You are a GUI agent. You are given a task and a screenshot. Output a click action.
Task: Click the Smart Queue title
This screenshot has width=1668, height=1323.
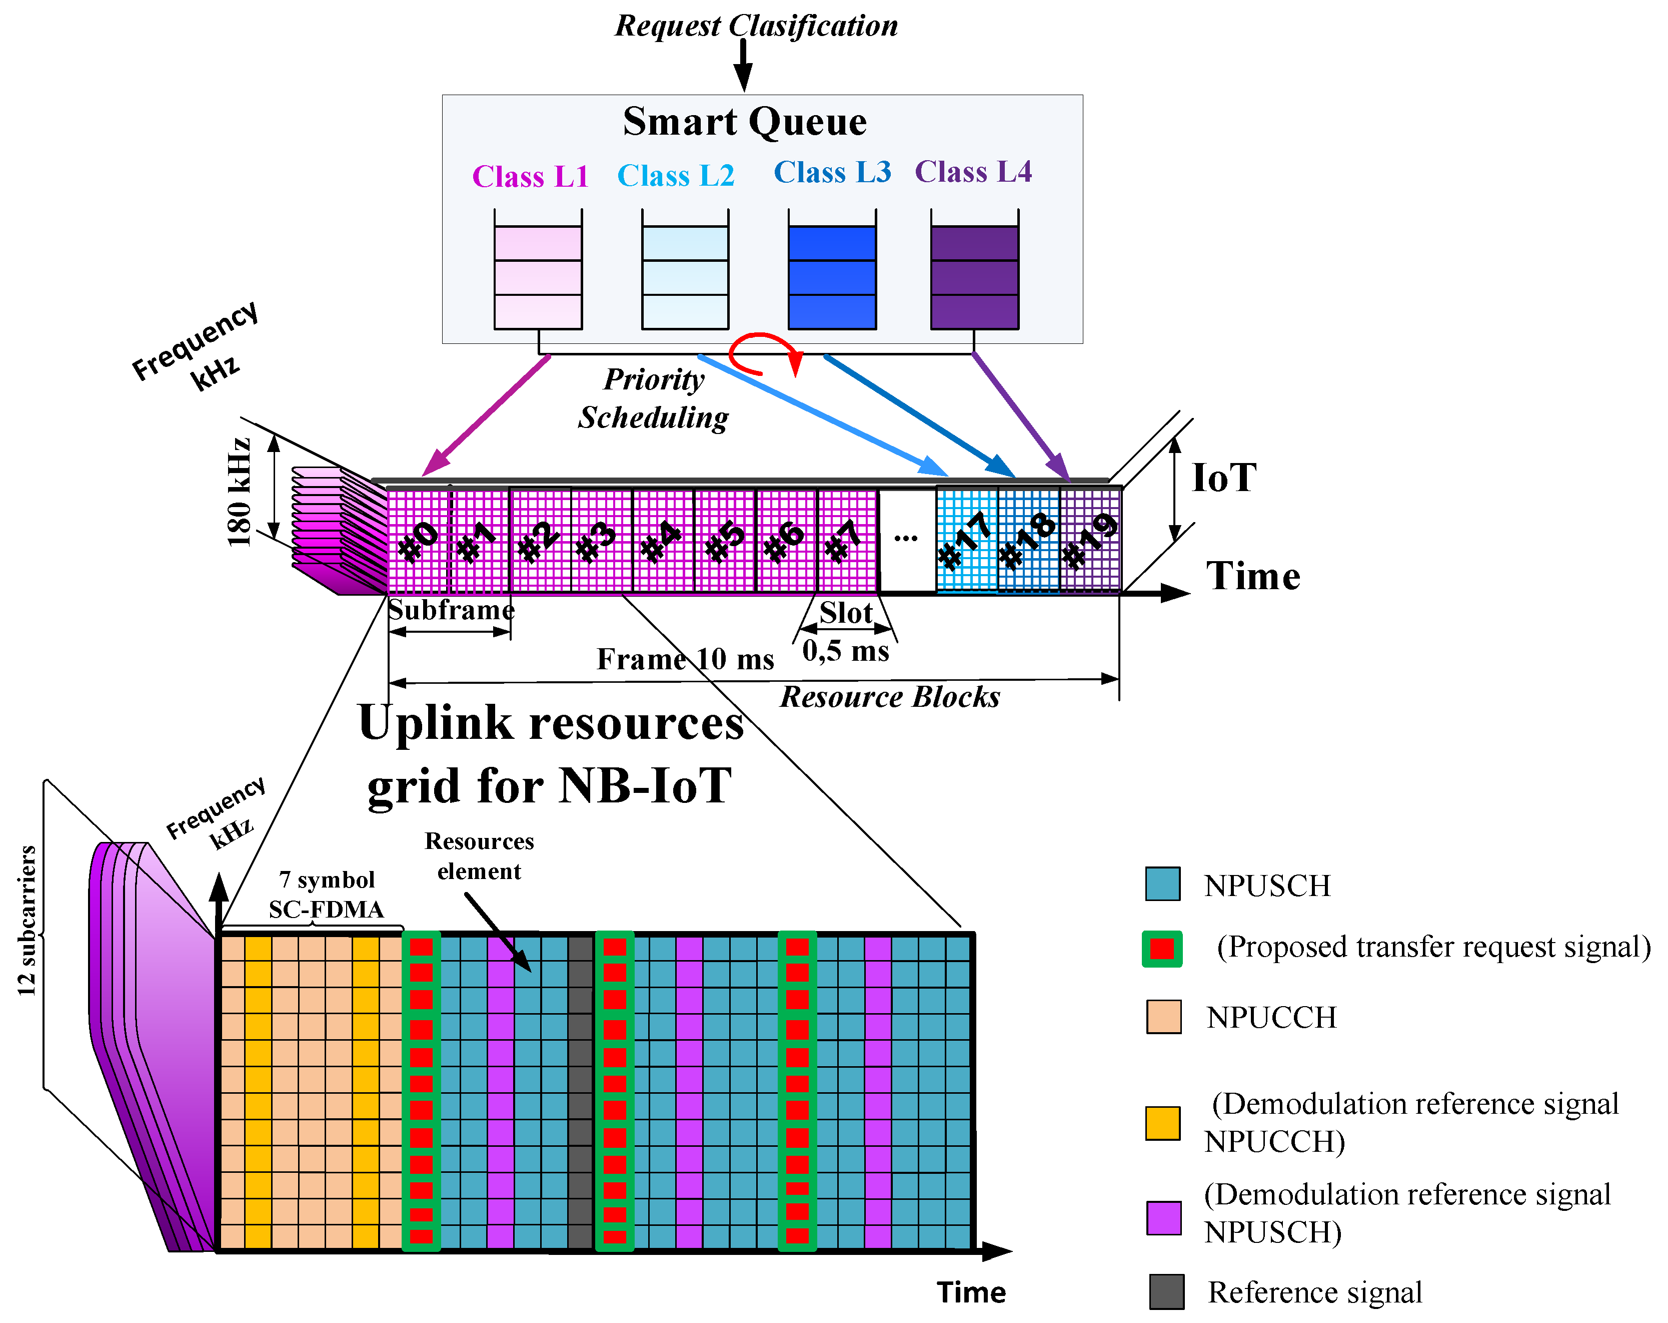click(744, 122)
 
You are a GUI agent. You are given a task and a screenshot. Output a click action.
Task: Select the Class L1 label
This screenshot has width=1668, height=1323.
click(530, 177)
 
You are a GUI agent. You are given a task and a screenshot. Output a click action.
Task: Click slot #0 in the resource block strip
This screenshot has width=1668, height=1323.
click(418, 540)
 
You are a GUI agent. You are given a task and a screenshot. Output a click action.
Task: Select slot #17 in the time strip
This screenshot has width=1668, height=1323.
click(965, 540)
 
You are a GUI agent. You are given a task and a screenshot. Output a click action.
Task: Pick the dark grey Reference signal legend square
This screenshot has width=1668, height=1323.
click(1166, 1291)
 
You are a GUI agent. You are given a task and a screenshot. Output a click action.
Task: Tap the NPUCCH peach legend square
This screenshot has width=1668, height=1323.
click(1163, 1017)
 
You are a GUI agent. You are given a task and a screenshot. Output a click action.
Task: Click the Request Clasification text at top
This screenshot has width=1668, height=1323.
click(756, 26)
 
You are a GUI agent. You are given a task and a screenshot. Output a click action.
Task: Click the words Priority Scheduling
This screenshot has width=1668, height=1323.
click(654, 398)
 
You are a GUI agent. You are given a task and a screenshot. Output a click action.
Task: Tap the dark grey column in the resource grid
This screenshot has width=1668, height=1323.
click(580, 1092)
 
